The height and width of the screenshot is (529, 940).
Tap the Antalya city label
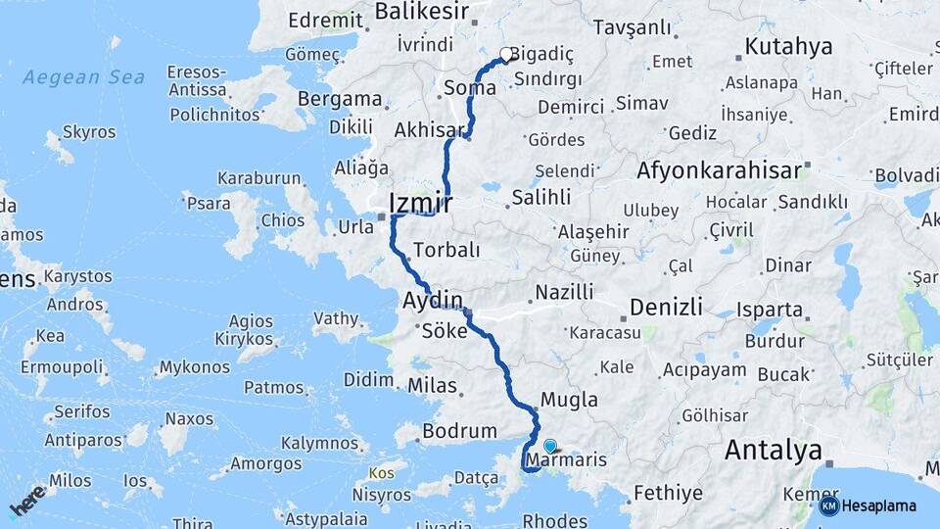click(773, 452)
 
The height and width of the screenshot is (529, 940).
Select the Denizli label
click(666, 308)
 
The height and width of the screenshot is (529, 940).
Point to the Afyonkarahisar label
click(720, 170)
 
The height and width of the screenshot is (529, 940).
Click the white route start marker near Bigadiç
click(506, 55)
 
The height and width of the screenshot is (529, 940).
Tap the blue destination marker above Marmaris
click(549, 447)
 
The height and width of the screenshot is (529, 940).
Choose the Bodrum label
click(459, 431)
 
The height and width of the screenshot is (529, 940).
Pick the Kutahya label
click(788, 46)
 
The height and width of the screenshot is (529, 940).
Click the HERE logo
click(27, 500)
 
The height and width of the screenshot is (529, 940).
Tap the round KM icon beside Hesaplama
click(829, 506)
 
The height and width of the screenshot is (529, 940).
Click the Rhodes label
click(555, 521)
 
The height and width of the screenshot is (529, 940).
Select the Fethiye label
click(669, 493)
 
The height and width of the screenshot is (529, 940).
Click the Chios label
click(282, 220)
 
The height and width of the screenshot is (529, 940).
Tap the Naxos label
click(189, 419)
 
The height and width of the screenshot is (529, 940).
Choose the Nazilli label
click(565, 292)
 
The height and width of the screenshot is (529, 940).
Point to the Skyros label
click(89, 131)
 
